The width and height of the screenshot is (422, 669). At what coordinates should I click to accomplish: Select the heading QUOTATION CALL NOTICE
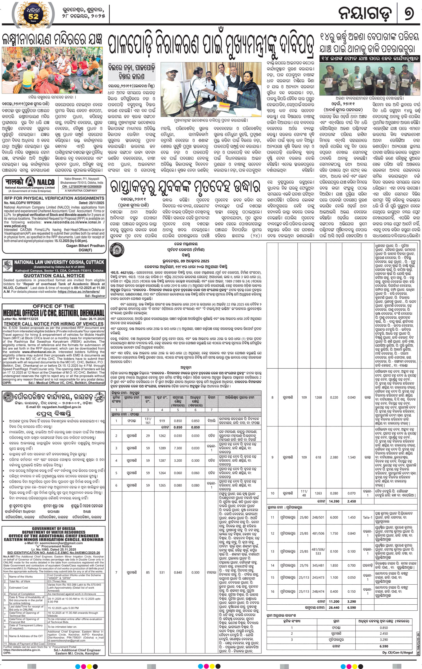[54, 275]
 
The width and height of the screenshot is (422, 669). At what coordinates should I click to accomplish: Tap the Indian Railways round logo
[118, 248]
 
